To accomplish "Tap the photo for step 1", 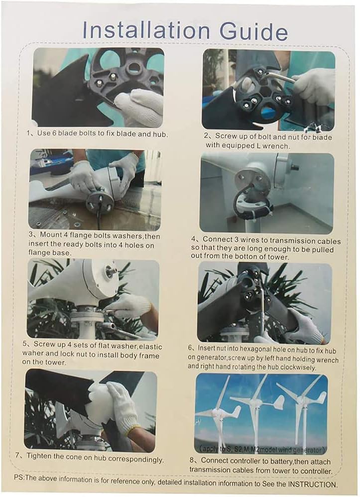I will click(98, 87).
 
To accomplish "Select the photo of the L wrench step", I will click(268, 90).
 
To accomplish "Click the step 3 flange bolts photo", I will click(95, 190).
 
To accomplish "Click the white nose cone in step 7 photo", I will click(99, 403).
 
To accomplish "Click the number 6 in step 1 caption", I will click(52, 134).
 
